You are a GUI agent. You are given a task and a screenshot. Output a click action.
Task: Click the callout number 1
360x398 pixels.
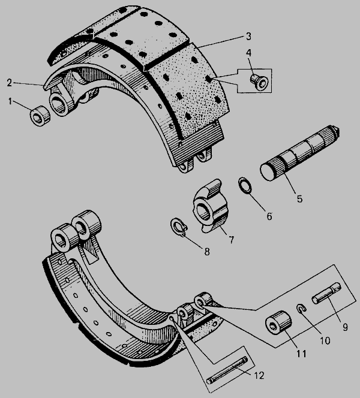tap(10, 101)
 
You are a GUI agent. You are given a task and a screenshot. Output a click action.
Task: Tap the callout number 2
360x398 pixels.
tap(10, 83)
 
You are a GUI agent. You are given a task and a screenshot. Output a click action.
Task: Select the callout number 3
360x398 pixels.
tap(248, 37)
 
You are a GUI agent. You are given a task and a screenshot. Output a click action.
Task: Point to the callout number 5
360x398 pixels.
tap(300, 199)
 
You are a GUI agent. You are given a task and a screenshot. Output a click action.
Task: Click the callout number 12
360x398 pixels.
tap(259, 375)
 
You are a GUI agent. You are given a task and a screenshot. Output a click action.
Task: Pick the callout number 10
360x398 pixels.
tap(325, 340)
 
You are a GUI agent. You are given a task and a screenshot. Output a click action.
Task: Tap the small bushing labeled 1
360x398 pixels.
tap(40, 116)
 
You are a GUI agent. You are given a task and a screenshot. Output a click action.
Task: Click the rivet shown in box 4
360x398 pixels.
tap(259, 82)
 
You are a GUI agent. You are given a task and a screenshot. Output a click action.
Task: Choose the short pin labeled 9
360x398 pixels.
tap(327, 293)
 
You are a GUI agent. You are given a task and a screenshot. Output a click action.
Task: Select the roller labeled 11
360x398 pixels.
tap(278, 322)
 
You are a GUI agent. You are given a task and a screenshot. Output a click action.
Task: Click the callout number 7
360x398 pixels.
tap(232, 240)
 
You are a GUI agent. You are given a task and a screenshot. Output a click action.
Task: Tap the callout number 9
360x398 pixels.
tap(345, 327)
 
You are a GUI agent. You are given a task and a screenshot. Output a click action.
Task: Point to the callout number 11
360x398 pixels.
tap(301, 354)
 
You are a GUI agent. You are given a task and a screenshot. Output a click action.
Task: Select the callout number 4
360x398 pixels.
tap(248, 53)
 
